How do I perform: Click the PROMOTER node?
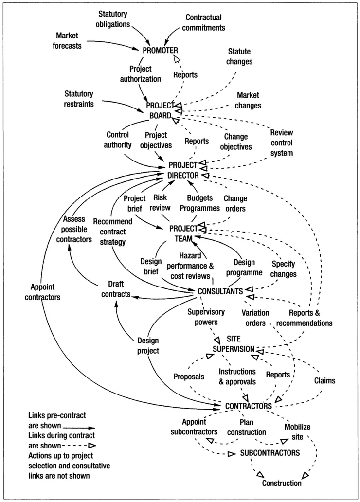pos(161,50)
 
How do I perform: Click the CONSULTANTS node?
pos(220,291)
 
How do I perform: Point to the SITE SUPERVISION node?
pos(234,344)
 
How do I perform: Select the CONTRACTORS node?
pos(248,405)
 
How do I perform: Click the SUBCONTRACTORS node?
pos(269,452)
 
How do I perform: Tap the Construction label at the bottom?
pos(282,483)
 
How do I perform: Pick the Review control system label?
pos(288,143)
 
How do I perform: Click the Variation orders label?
pos(253,318)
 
